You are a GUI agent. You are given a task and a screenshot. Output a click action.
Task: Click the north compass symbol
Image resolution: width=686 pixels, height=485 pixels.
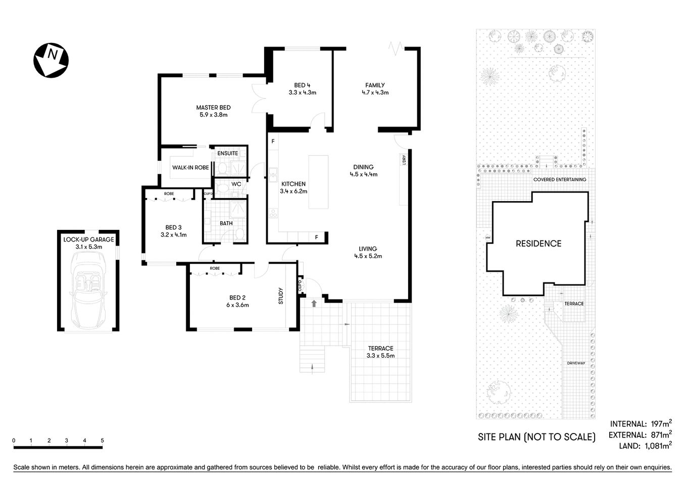51,60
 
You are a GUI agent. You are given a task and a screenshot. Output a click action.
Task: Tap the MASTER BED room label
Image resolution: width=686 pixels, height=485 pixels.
213,107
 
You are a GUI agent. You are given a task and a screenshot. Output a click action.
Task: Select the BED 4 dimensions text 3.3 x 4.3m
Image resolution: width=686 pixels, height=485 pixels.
302,92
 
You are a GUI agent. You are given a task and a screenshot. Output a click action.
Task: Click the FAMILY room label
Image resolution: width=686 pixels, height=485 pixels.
375,85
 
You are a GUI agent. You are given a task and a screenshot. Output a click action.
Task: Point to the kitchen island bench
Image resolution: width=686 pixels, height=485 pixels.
318,182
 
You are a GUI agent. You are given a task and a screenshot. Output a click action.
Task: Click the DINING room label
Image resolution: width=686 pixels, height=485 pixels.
363,167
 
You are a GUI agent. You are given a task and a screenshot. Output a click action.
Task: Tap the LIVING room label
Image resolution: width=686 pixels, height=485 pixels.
368,249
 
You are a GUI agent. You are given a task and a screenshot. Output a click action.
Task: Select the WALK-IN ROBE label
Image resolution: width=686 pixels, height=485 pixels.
190,167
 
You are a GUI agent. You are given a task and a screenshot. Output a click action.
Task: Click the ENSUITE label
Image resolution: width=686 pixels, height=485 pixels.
227,153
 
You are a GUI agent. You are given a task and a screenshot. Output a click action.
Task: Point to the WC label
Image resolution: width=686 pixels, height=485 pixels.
236,184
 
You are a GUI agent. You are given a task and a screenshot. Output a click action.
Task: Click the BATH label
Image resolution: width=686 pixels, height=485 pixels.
226,223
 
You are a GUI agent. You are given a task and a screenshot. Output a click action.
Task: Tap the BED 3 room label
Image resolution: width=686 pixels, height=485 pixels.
173,227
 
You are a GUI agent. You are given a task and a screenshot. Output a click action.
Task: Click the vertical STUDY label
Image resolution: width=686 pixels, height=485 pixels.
281,296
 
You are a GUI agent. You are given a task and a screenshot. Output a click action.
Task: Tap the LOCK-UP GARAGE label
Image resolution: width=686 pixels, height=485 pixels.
88,239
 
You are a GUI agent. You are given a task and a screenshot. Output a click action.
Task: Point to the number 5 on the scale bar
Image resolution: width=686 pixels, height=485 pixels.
103,441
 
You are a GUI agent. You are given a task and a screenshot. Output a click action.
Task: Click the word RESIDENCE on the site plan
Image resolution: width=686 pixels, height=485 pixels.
538,244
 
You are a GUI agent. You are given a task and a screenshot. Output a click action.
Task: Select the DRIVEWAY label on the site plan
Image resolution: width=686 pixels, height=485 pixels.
575,363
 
